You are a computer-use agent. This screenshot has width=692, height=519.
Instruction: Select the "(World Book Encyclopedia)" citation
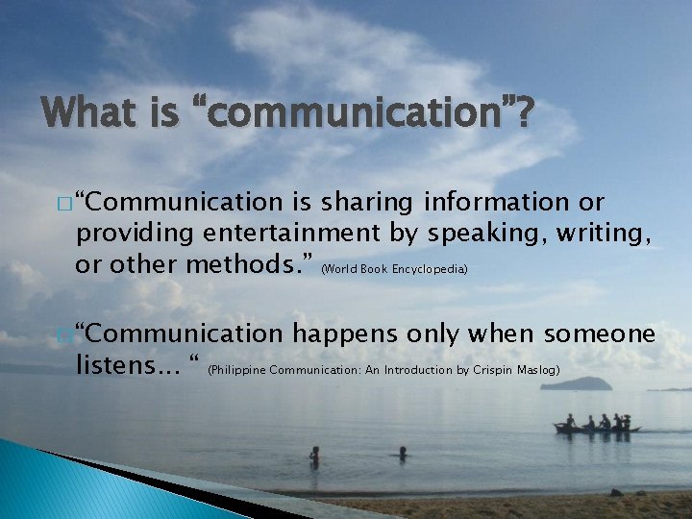pyautogui.click(x=394, y=270)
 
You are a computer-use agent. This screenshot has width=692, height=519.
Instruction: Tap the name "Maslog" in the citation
pyautogui.click(x=541, y=369)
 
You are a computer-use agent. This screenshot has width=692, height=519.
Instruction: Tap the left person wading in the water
pyautogui.click(x=314, y=455)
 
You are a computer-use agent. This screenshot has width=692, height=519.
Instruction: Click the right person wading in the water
pyautogui.click(x=402, y=452)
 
